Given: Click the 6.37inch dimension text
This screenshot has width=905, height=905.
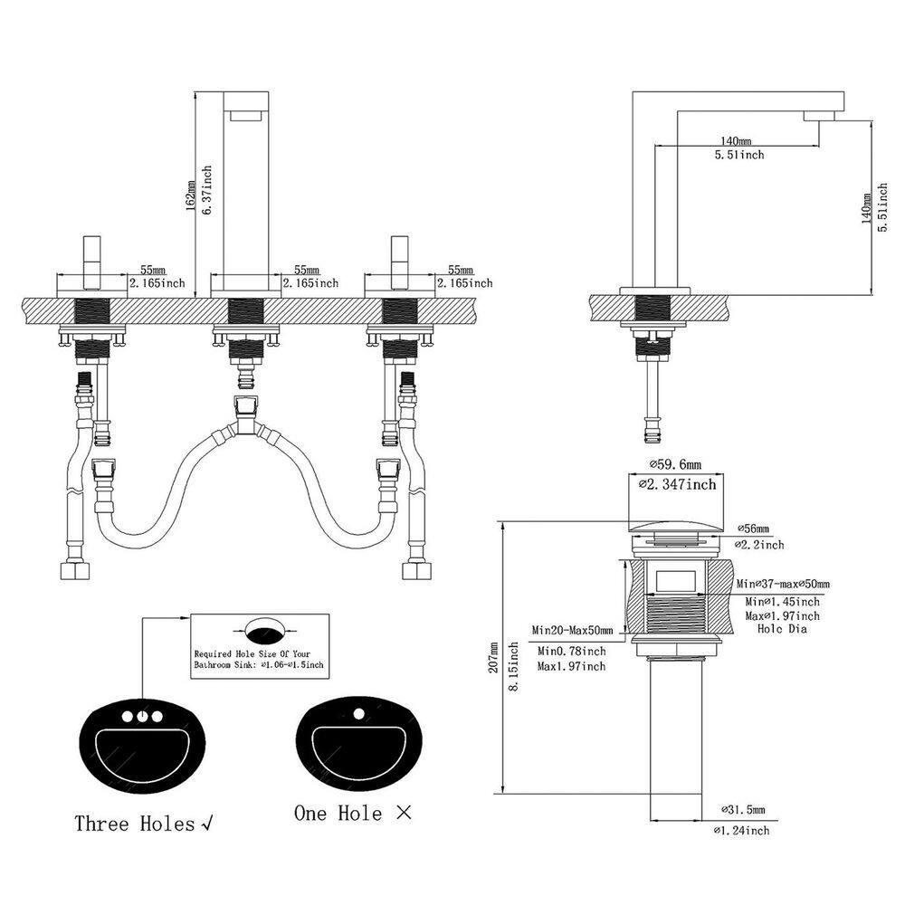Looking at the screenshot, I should click(x=207, y=189).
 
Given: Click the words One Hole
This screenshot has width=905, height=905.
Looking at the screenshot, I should click(x=338, y=814).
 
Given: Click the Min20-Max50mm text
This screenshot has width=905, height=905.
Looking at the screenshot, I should click(x=572, y=630).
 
